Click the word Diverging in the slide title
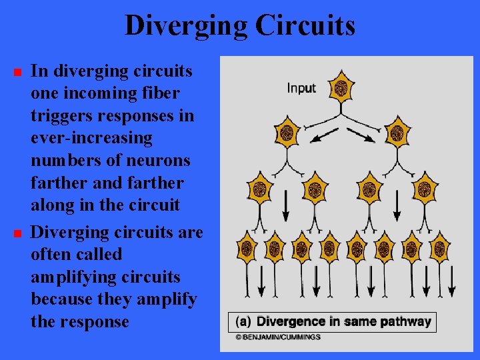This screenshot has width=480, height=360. click(181, 26)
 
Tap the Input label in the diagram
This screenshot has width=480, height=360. click(301, 88)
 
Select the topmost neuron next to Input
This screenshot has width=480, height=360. click(342, 87)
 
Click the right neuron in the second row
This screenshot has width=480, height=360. click(398, 131)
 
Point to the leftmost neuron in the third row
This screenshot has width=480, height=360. click(260, 189)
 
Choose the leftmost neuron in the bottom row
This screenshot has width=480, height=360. click(247, 249)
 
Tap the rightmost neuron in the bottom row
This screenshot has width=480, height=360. click(439, 249)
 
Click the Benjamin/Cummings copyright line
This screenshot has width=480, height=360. click(277, 337)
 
